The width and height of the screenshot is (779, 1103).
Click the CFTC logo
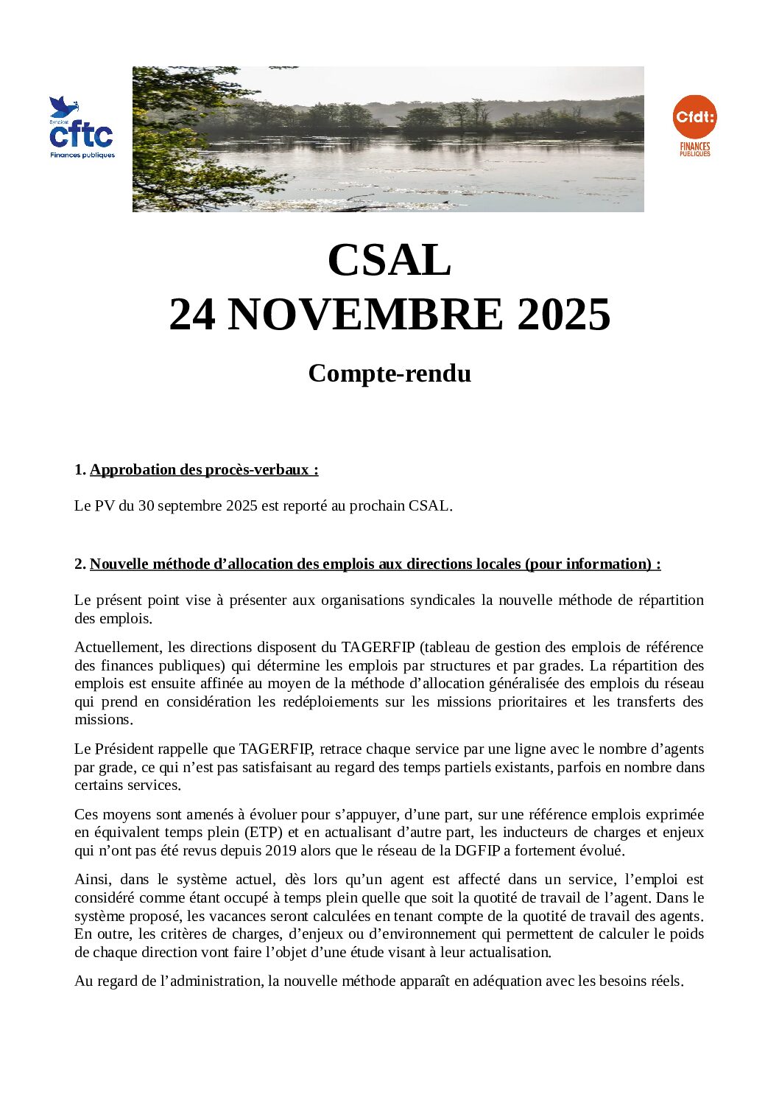click(82, 128)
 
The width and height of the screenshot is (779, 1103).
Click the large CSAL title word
click(389, 260)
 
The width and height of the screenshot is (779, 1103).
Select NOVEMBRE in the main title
click(366, 315)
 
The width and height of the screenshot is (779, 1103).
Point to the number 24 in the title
click(192, 315)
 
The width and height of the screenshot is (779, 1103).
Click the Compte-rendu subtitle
click(389, 374)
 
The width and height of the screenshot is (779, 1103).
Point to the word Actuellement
click(118, 648)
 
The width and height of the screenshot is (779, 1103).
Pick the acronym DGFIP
click(468, 851)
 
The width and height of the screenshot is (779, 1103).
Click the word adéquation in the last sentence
click(505, 981)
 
